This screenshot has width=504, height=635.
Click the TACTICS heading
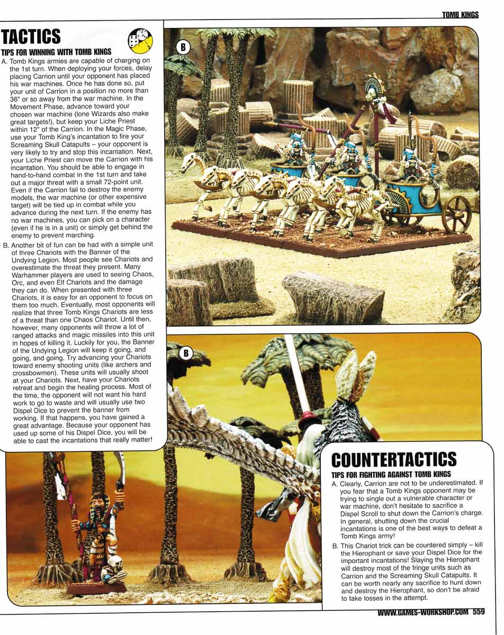31,37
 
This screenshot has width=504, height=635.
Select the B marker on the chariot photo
182,48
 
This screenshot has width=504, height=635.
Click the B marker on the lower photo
186,353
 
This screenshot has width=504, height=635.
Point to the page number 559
479,612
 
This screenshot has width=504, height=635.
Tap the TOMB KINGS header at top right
461,15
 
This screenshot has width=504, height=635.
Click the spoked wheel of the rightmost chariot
456,214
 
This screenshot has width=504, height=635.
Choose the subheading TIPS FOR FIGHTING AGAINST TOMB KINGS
391,474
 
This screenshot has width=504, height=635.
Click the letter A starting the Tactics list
5,62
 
